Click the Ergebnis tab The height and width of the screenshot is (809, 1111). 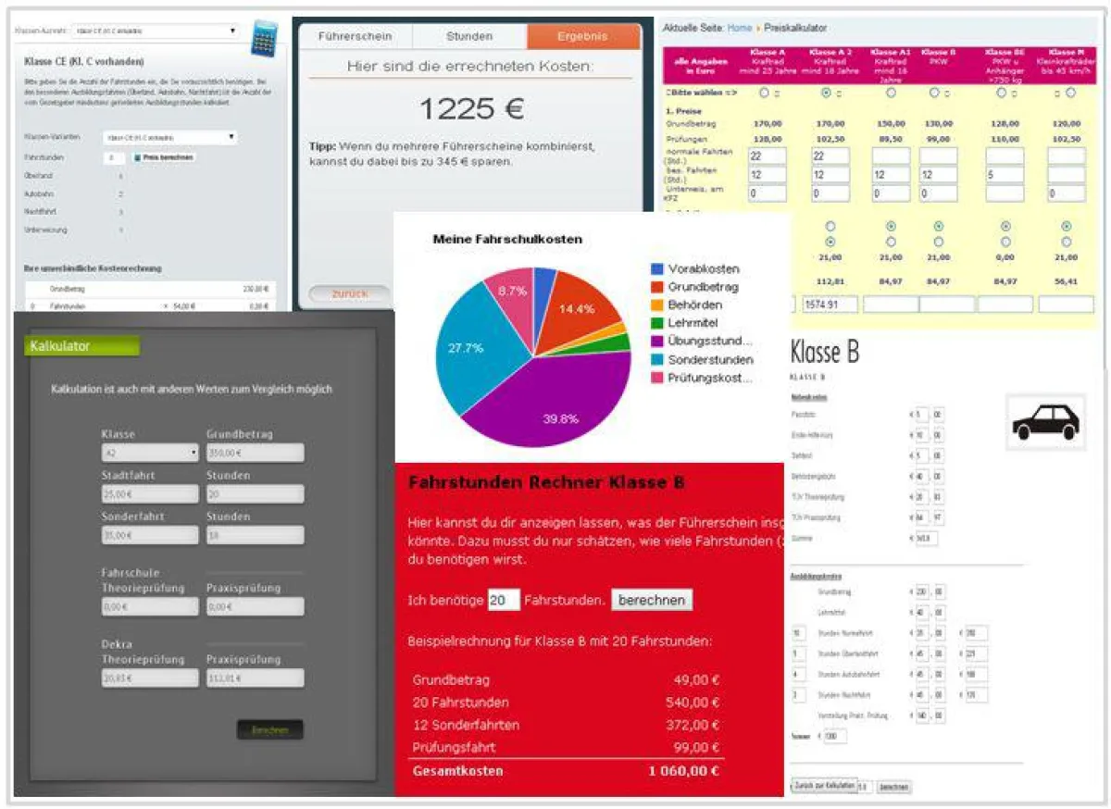(x=582, y=37)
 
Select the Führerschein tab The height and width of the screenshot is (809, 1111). (x=355, y=37)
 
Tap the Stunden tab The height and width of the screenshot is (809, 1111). (x=469, y=37)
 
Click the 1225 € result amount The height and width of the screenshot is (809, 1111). (x=471, y=109)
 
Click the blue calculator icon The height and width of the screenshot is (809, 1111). (x=265, y=38)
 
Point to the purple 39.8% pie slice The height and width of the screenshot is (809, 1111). (x=546, y=398)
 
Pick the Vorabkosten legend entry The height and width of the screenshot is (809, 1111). (x=703, y=268)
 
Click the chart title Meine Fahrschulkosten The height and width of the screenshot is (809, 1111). (x=507, y=239)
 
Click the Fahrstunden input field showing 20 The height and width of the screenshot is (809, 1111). (x=504, y=601)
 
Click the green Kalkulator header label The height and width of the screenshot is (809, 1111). (x=81, y=346)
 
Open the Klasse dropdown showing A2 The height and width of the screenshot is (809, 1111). (x=150, y=453)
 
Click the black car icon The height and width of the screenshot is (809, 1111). (x=1045, y=421)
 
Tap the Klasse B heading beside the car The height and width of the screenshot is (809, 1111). (x=825, y=353)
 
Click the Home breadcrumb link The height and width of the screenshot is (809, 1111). (x=740, y=29)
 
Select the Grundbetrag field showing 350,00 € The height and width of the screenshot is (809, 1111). (x=255, y=453)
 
